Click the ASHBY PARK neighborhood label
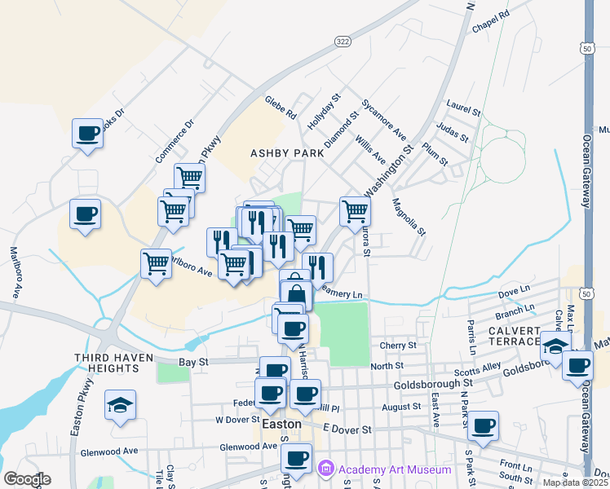click(x=283, y=152)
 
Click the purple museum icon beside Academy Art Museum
click(x=326, y=469)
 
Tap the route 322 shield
click(x=342, y=41)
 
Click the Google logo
click(x=27, y=479)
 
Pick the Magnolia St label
click(x=409, y=217)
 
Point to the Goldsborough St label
click(x=433, y=382)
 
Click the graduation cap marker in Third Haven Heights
click(x=120, y=405)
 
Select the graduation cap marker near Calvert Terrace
click(x=555, y=346)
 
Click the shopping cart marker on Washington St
click(x=355, y=210)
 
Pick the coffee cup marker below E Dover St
click(x=484, y=425)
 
